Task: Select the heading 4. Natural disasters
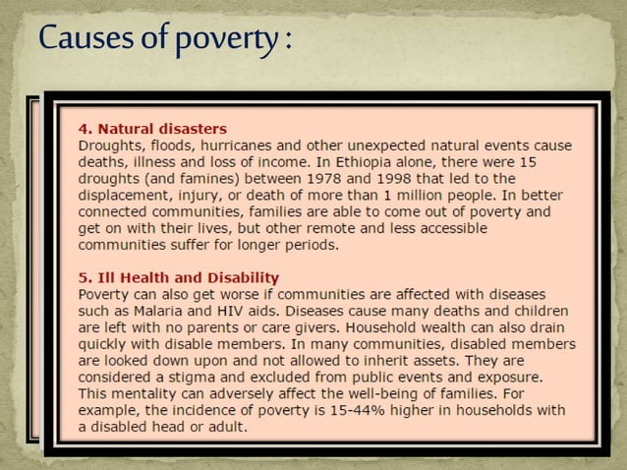click(x=152, y=128)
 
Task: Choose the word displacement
click(x=126, y=195)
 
